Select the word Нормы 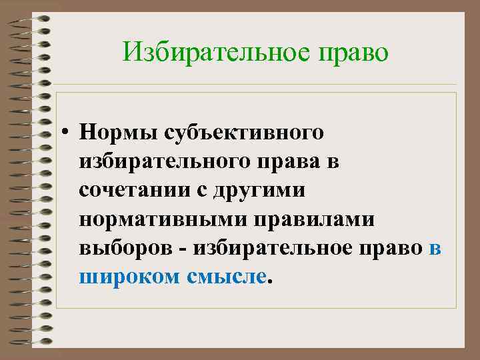(115, 133)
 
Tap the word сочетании (135, 190)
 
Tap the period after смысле (270, 281)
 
